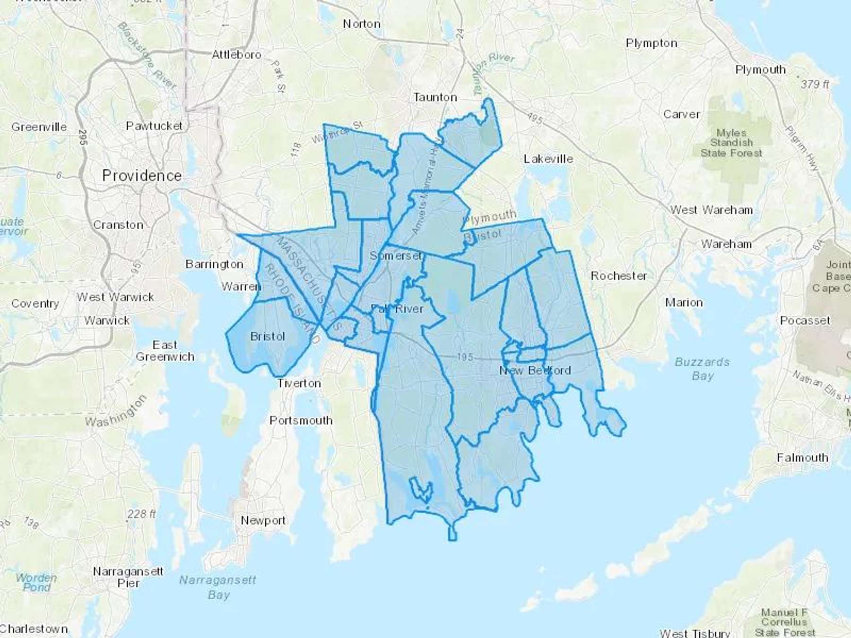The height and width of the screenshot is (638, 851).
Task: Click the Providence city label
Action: tap(142, 176)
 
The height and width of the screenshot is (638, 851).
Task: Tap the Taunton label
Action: tap(435, 97)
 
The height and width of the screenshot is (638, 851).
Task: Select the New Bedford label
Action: tap(535, 370)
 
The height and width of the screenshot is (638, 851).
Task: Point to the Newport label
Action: tap(263, 520)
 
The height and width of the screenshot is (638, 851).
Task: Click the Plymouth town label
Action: tap(760, 69)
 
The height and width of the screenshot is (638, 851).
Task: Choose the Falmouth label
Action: tap(802, 457)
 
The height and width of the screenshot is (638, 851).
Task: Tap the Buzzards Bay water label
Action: tap(702, 369)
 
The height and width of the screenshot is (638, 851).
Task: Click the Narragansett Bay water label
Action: tap(217, 587)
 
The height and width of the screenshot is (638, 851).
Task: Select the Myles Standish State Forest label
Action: tap(731, 143)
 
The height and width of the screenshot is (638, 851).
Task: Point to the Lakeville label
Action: tap(548, 159)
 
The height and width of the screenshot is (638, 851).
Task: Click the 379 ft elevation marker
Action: tap(814, 84)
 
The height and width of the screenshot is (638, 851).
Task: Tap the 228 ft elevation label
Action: tap(141, 514)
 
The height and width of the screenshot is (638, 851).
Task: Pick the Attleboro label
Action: tap(236, 55)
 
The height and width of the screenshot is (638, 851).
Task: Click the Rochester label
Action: tap(618, 276)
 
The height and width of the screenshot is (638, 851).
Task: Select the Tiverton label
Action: tap(299, 383)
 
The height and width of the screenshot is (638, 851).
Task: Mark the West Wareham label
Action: tap(711, 210)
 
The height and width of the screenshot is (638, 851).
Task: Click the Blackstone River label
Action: tap(147, 56)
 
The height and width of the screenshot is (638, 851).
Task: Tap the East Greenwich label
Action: tap(165, 351)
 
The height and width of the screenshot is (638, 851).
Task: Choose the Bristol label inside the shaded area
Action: tap(268, 336)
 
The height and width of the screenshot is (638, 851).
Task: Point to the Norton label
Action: tap(361, 24)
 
